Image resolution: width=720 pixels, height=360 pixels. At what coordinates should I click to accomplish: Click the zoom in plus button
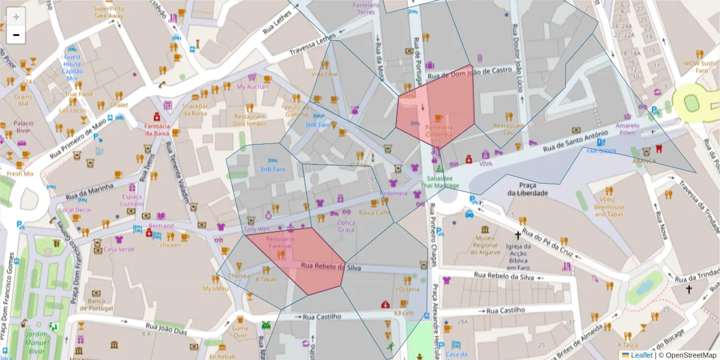coord(16,17)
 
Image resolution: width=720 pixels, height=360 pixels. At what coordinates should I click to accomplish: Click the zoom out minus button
coord(16,35)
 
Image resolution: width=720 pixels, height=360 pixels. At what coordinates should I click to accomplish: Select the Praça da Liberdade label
coord(527,189)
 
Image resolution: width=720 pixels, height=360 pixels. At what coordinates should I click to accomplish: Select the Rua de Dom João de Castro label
coord(470,74)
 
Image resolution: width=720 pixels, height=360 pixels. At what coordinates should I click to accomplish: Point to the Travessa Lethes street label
coord(313,45)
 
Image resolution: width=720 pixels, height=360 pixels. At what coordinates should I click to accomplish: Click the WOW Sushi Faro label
coord(700,67)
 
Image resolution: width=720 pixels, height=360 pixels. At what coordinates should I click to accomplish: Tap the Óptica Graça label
coord(346,226)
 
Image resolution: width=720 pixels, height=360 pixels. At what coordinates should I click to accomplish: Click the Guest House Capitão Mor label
coord(72,67)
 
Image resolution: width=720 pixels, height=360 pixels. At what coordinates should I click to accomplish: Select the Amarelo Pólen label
coord(628,130)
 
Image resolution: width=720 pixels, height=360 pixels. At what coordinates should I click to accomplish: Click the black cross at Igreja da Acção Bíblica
coord(517,236)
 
